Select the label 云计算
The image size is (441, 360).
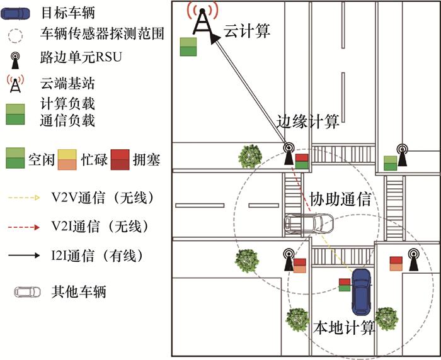[247, 30]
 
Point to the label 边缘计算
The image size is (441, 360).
[309, 121]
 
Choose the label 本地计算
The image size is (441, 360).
[344, 327]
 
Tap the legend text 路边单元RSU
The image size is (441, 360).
[80, 59]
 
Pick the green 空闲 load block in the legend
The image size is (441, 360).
[15, 159]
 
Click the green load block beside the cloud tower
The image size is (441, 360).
[188, 47]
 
